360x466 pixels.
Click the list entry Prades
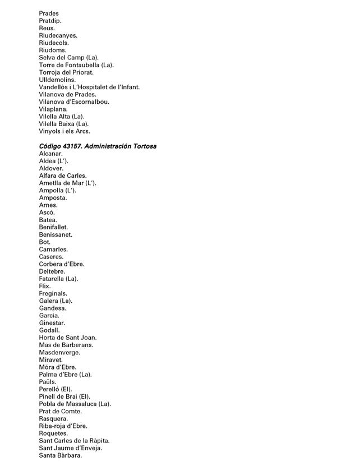point(49,13)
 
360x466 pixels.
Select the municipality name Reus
point(47,28)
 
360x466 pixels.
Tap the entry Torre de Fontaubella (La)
point(76,65)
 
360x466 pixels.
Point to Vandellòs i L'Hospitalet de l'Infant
point(89,87)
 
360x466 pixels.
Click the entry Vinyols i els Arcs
point(64,131)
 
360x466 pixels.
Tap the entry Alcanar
point(51,154)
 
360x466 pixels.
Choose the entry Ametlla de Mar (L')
point(67,183)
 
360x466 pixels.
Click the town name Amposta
point(53,198)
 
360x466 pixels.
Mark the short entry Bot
point(45,242)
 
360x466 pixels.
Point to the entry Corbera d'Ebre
point(62,264)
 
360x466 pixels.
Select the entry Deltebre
point(52,271)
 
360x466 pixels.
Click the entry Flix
point(45,286)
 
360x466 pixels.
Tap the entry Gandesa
point(53,308)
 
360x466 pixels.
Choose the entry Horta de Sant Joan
point(68,338)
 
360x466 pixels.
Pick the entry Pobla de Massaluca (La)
point(75,404)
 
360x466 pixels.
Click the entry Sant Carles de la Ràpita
point(74,441)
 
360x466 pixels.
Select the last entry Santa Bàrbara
point(61,455)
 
